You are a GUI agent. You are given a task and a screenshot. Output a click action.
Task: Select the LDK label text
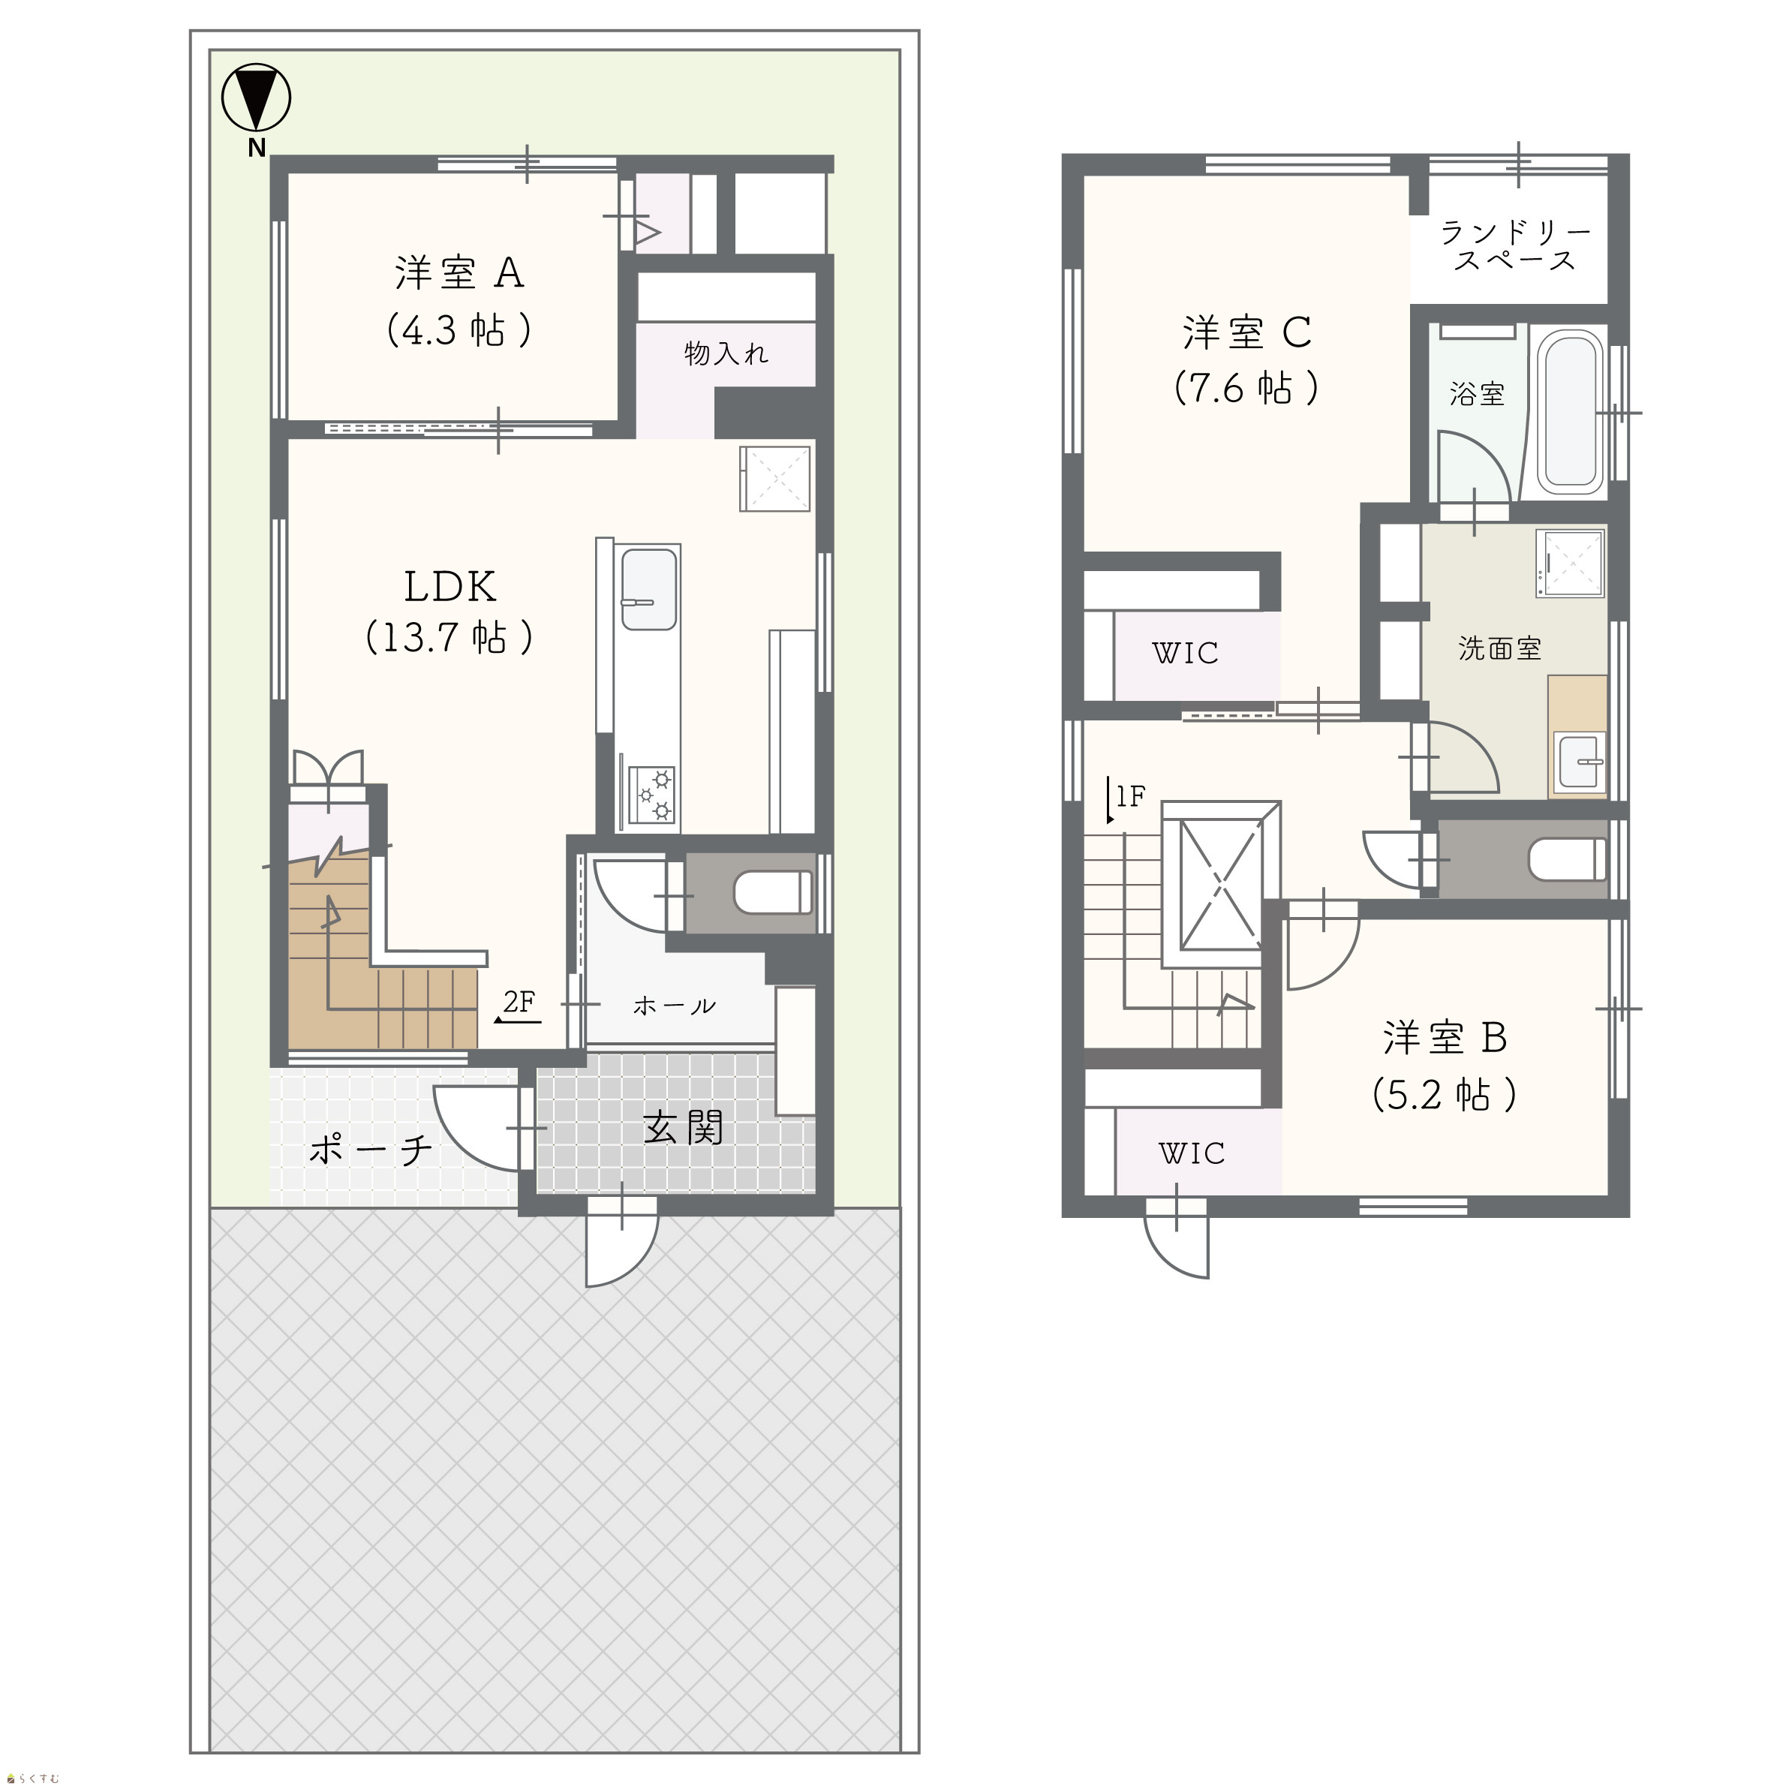click(x=450, y=586)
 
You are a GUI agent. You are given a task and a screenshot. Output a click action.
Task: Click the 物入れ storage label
click(x=726, y=353)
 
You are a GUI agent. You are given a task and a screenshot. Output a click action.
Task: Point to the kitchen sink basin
click(x=649, y=589)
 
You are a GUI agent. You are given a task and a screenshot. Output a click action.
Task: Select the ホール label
click(x=674, y=1006)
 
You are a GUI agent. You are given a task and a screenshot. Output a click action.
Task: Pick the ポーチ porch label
click(x=371, y=1150)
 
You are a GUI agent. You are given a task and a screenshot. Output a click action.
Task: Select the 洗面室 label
click(x=1499, y=649)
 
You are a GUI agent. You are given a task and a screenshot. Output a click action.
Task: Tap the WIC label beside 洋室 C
click(x=1185, y=654)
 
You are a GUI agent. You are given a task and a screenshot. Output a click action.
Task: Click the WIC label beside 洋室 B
click(x=1191, y=1153)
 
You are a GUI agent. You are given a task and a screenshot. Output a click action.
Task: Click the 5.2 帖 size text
click(x=1445, y=1095)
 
